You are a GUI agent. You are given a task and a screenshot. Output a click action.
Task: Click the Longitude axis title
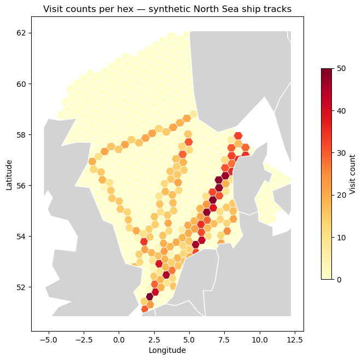pos(167,350)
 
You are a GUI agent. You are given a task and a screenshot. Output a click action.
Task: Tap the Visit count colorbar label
pos(353,174)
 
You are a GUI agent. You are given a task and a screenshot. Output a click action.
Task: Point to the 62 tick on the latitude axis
pos(22,33)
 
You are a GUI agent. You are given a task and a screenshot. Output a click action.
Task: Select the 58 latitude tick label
pos(22,134)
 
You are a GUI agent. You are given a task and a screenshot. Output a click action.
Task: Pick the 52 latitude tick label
pos(22,287)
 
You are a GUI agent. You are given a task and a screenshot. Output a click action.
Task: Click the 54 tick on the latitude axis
pos(22,236)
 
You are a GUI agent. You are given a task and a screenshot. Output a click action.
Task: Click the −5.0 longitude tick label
pos(49,339)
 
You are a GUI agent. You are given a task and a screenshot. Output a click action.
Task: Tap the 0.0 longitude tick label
pos(119,339)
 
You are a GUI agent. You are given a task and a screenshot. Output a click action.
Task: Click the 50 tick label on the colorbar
pos(340,68)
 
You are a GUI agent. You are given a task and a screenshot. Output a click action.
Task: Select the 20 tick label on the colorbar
pos(340,195)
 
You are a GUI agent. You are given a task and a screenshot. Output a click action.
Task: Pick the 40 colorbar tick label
pos(340,110)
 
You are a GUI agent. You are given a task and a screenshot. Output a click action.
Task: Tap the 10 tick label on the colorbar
pos(340,237)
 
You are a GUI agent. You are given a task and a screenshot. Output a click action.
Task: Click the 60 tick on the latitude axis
pos(22,84)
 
